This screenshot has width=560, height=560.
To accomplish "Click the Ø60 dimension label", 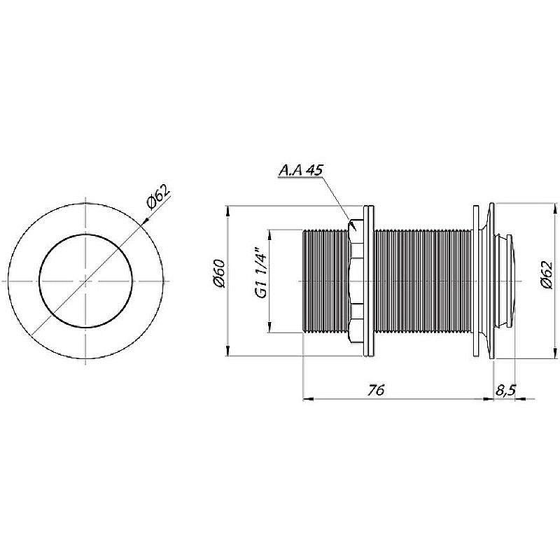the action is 219,274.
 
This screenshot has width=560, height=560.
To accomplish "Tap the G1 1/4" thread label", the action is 262,274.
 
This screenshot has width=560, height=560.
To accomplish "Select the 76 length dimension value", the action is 376,390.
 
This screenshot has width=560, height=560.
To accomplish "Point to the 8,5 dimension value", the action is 505,391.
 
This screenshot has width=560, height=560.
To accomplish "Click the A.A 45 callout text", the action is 300,169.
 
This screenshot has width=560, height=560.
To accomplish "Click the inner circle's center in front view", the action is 85,281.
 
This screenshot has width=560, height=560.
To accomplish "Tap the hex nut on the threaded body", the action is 355,281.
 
